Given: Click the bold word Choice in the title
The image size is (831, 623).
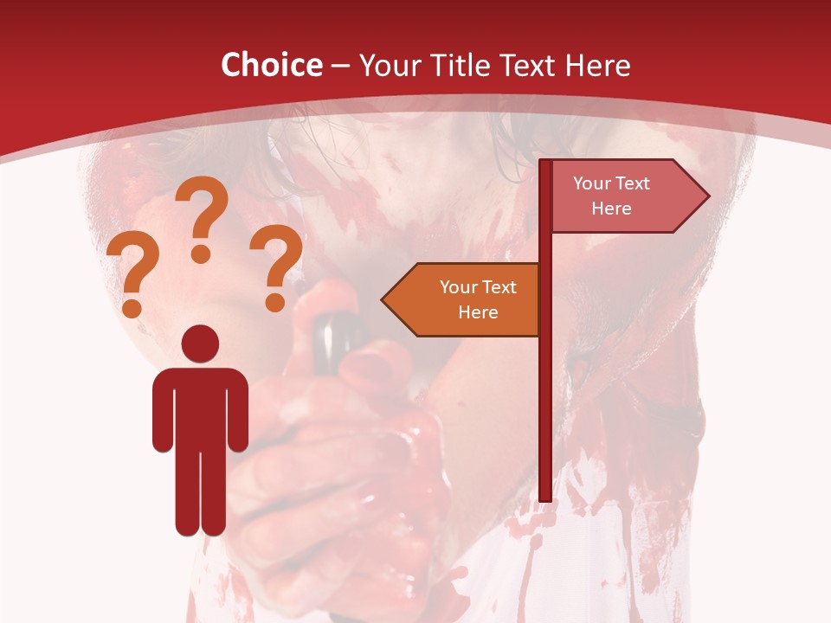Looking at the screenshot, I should (x=271, y=65).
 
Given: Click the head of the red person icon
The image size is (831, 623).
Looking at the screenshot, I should (x=200, y=344).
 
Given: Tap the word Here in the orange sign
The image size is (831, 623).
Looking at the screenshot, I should (x=478, y=312).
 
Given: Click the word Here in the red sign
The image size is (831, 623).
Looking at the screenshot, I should (x=611, y=209).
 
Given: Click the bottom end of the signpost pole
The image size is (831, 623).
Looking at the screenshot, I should (x=544, y=497).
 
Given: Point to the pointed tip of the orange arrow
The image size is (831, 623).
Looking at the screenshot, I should (x=383, y=299).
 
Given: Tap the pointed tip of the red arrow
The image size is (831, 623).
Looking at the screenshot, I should (x=707, y=196).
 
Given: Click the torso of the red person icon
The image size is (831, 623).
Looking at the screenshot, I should (x=200, y=407).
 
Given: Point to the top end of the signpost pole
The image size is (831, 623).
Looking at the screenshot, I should (x=544, y=163).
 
